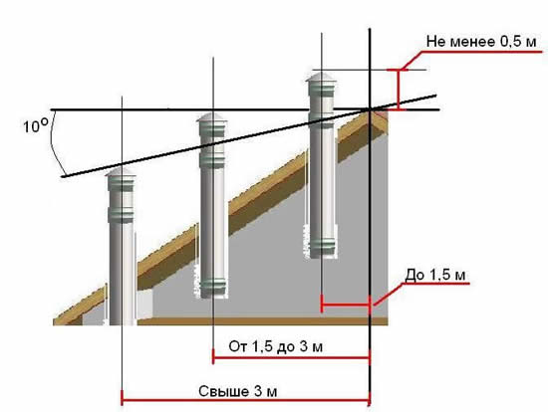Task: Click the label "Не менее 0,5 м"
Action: pyautogui.click(x=481, y=42)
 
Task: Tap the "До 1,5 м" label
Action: pyautogui.click(x=435, y=275)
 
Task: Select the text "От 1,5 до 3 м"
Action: pyautogui.click(x=275, y=346)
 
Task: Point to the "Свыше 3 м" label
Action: pyautogui.click(x=238, y=391)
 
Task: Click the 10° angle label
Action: pyautogui.click(x=35, y=125)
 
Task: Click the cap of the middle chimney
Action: pyautogui.click(x=212, y=117)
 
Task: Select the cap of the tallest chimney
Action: pyautogui.click(x=321, y=77)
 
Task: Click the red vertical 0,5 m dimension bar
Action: pyautogui.click(x=399, y=90)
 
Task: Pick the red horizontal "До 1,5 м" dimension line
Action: pyautogui.click(x=346, y=305)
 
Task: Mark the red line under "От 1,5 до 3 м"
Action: pyautogui.click(x=291, y=357)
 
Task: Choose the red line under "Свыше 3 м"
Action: pyautogui.click(x=245, y=400)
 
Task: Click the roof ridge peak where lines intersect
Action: pyautogui.click(x=370, y=109)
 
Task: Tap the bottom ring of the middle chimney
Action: pyautogui.click(x=214, y=289)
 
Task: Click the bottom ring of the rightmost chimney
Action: pyautogui.click(x=323, y=248)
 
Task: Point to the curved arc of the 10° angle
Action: pyautogui.click(x=56, y=146)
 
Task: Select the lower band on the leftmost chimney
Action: pyautogui.click(x=121, y=215)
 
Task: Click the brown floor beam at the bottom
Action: pyautogui.click(x=262, y=321)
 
